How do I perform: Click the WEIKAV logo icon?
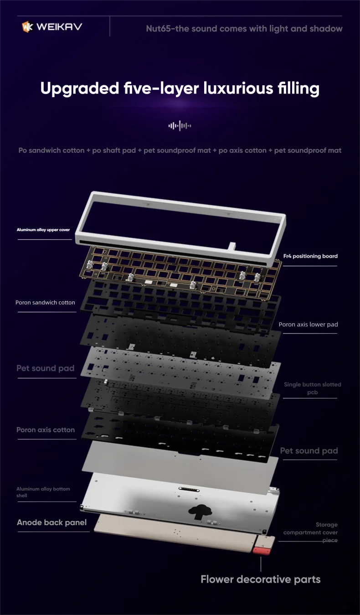27,27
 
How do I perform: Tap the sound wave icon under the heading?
180,125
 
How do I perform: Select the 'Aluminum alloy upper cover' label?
43,230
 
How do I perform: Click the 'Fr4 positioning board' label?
310,256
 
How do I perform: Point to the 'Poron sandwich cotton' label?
45,302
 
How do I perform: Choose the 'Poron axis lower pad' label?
308,325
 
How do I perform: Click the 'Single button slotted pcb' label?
312,388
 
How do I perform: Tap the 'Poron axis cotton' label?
46,430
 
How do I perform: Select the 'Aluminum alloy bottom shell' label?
43,492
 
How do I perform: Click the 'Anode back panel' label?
51,522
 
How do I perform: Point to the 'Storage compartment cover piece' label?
310,532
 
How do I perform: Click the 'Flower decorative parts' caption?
260,579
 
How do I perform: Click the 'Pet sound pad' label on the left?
45,368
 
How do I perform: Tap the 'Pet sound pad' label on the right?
309,451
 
